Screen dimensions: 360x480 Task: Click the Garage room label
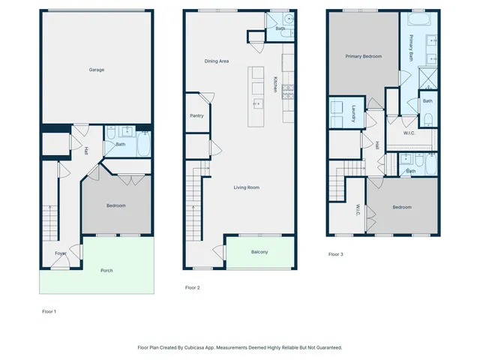(97, 70)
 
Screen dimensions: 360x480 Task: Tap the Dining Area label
(217, 61)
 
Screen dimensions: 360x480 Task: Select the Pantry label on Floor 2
(196, 115)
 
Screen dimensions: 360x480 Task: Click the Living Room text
(246, 187)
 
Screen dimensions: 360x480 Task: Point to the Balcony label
(259, 252)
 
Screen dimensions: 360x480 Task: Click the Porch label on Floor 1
(106, 270)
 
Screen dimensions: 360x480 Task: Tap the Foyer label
(61, 253)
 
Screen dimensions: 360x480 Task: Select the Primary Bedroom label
(363, 56)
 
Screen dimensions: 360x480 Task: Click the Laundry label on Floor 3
(352, 113)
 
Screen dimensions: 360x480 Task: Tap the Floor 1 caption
(49, 310)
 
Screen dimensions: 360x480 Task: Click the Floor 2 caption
(193, 287)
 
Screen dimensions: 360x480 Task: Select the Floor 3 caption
(336, 254)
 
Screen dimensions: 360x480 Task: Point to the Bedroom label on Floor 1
(115, 205)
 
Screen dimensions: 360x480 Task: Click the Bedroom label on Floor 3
(401, 207)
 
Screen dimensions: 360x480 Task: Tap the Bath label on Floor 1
(120, 145)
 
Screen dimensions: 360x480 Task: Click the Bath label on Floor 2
(280, 28)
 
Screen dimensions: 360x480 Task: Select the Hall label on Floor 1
(86, 151)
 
